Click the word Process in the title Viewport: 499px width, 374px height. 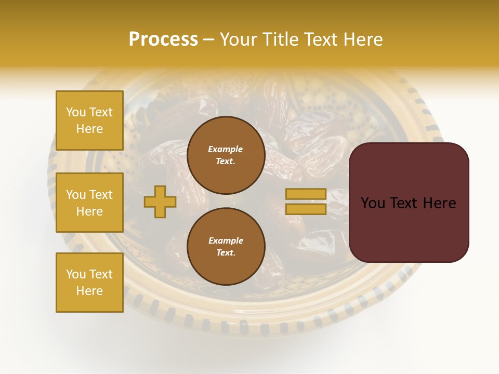pyautogui.click(x=163, y=39)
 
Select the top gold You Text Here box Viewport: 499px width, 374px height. pyautogui.click(x=89, y=121)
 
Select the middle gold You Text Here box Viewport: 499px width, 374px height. pyautogui.click(x=89, y=203)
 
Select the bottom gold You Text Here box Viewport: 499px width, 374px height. pyautogui.click(x=89, y=282)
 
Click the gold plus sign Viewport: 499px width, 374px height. pyautogui.click(x=160, y=202)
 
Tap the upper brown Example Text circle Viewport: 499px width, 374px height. pyautogui.click(x=226, y=155)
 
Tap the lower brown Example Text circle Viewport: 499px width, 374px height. pyautogui.click(x=226, y=246)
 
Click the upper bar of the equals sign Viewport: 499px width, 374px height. pyautogui.click(x=306, y=194)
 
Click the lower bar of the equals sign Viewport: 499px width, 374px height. pyautogui.click(x=306, y=209)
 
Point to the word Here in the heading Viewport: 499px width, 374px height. pyautogui.click(x=362, y=39)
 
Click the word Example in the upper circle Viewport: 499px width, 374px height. pyautogui.click(x=226, y=149)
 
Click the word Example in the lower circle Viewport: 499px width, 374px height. pyautogui.click(x=226, y=241)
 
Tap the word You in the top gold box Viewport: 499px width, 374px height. pyautogui.click(x=76, y=112)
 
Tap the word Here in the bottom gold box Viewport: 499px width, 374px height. pyautogui.click(x=89, y=291)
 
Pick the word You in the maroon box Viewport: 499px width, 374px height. pyautogui.click(x=373, y=203)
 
